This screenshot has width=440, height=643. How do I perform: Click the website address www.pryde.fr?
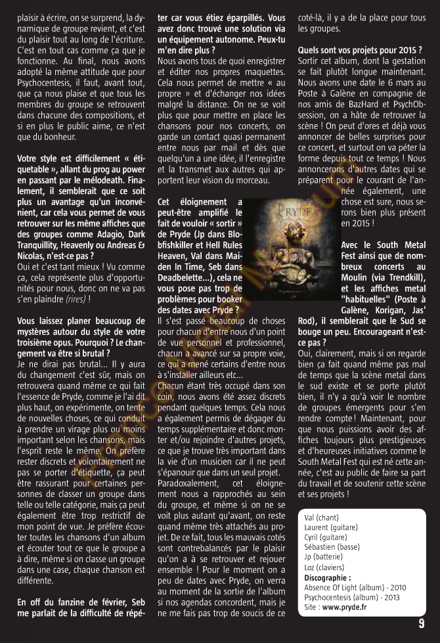pos(344,607)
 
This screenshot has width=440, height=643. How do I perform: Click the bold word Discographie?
pos(327,577)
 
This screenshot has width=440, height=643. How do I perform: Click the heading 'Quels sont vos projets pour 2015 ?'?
pos(360,50)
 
